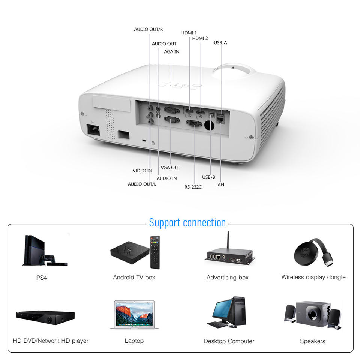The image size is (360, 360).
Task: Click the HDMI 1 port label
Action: point(189,33)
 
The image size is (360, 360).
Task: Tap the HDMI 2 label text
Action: point(200,38)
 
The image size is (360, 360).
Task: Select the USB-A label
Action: point(220,43)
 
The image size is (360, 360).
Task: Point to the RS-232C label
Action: point(193,187)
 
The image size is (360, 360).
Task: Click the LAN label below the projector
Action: point(220,184)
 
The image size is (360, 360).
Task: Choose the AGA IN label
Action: point(171,52)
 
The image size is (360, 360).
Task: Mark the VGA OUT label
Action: point(170,168)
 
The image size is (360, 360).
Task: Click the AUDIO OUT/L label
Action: point(142,184)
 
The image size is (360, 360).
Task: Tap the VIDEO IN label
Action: point(142,171)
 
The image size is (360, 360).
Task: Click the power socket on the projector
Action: point(93,130)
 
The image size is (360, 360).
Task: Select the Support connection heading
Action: point(187,223)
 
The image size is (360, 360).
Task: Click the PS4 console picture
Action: point(36,249)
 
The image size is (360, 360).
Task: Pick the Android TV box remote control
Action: point(154,252)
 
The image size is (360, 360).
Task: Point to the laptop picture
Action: point(134,314)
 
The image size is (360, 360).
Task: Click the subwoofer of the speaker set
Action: point(312,313)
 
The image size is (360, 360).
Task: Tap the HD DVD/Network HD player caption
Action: point(51,341)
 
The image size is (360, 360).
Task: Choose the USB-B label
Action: point(208,177)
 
